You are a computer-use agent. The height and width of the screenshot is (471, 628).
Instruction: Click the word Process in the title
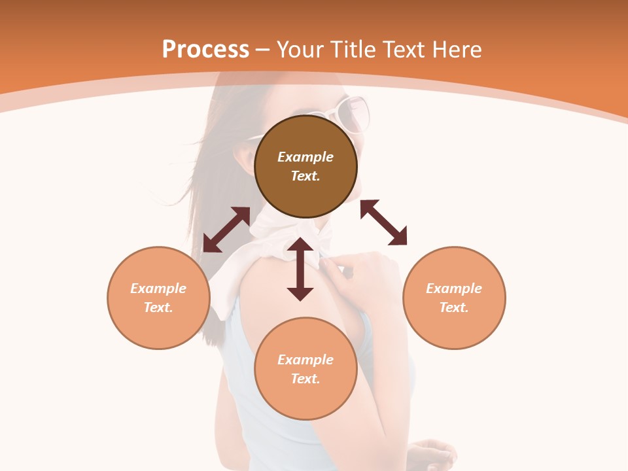(x=205, y=50)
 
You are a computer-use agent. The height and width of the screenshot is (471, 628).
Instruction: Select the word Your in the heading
(x=300, y=50)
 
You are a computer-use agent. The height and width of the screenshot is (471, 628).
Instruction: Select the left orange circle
(x=158, y=327)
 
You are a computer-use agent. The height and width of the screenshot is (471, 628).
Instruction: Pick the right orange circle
(x=454, y=327)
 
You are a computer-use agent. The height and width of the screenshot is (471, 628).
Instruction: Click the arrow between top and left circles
(x=226, y=230)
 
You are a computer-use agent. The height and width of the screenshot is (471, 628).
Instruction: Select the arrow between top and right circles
(x=384, y=222)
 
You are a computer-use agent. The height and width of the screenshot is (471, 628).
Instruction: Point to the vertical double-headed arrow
(x=300, y=269)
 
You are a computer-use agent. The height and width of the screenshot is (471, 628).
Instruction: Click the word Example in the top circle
(x=305, y=157)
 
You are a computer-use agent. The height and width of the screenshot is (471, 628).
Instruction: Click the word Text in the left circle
(x=158, y=307)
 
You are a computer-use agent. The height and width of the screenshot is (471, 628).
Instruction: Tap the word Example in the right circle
(x=454, y=288)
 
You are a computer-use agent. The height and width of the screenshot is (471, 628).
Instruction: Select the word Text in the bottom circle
(x=305, y=379)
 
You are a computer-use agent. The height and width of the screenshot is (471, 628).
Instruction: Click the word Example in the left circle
(x=158, y=288)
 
